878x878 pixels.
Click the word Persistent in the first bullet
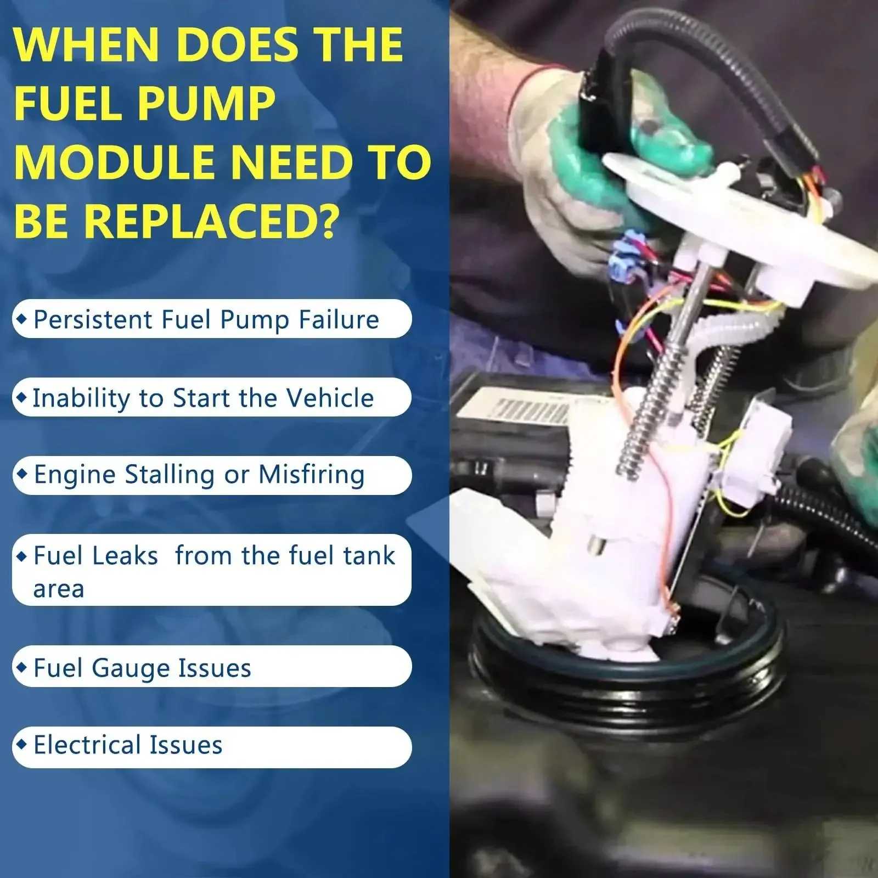coord(93,319)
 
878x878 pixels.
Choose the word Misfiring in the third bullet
coord(312,475)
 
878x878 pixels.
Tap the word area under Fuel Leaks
coord(59,589)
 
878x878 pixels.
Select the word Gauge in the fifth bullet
coord(131,669)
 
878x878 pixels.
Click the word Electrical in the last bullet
coord(87,745)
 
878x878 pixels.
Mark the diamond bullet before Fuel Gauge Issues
coord(21,667)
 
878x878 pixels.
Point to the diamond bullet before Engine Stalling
coord(21,473)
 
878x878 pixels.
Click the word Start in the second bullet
coord(199,398)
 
